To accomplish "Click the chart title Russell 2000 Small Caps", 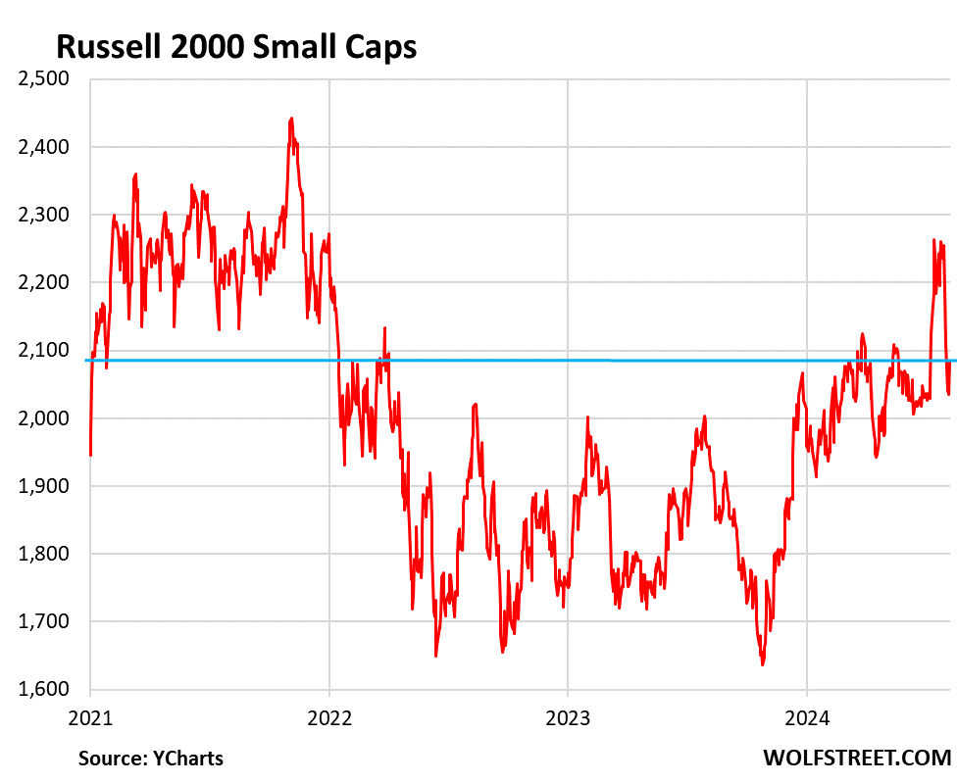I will point(236,47).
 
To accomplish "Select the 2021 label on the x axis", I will point(90,716).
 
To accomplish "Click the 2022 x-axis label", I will point(329,716).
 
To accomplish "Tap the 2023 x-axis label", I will point(568,716).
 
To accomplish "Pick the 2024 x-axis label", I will point(806,716).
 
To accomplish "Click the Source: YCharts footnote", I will point(151,758).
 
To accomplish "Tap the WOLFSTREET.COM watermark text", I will point(857,758).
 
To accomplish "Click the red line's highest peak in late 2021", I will point(291,120).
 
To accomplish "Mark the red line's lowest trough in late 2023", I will point(762,664).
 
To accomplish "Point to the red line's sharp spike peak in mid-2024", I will point(933,239).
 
